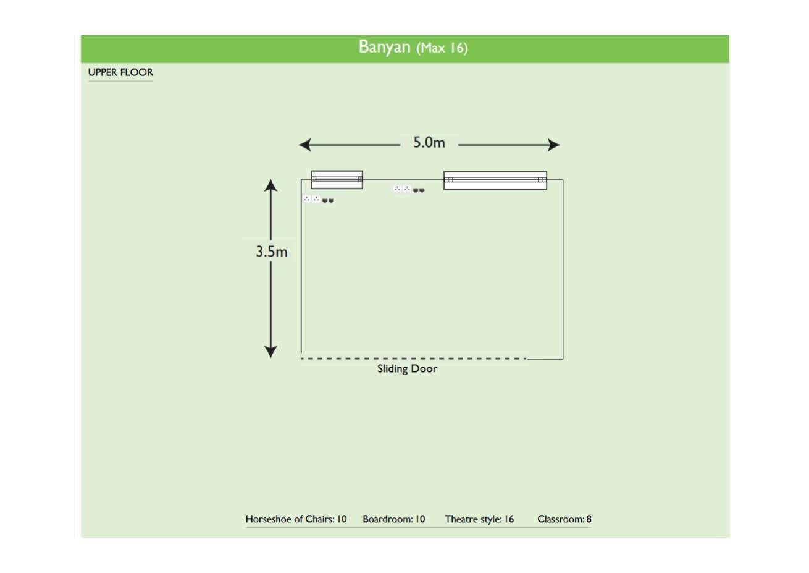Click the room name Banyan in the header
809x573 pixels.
384,47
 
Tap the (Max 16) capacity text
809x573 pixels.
442,48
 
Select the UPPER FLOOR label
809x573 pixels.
120,72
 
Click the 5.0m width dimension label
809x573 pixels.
429,143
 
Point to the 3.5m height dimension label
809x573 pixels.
272,252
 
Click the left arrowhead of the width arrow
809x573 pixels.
304,145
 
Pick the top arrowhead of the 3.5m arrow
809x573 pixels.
270,185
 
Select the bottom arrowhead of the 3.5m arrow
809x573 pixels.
270,352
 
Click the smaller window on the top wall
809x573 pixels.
337,179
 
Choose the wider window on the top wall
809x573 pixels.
495,180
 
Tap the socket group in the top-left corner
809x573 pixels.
318,199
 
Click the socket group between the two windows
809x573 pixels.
409,189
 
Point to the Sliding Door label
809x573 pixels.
407,369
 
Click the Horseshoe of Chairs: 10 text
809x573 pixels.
296,519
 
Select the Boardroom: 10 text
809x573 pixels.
393,519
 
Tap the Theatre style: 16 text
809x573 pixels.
479,519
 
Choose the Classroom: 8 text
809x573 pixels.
564,519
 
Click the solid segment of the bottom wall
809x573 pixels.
545,359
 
